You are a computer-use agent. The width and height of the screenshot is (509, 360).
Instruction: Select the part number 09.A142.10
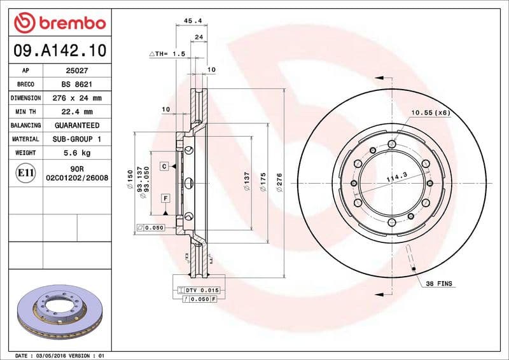(x=59, y=50)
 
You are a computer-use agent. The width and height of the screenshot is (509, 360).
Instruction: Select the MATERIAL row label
(x=26, y=139)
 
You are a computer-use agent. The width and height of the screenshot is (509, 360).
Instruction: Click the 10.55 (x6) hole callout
(x=430, y=113)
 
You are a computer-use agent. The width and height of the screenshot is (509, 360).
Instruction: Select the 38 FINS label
(x=439, y=283)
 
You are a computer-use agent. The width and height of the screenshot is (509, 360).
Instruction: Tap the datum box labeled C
(x=164, y=166)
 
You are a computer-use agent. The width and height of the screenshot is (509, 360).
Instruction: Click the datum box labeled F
(x=165, y=198)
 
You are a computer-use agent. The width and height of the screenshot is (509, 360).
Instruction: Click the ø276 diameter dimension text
(x=279, y=183)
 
